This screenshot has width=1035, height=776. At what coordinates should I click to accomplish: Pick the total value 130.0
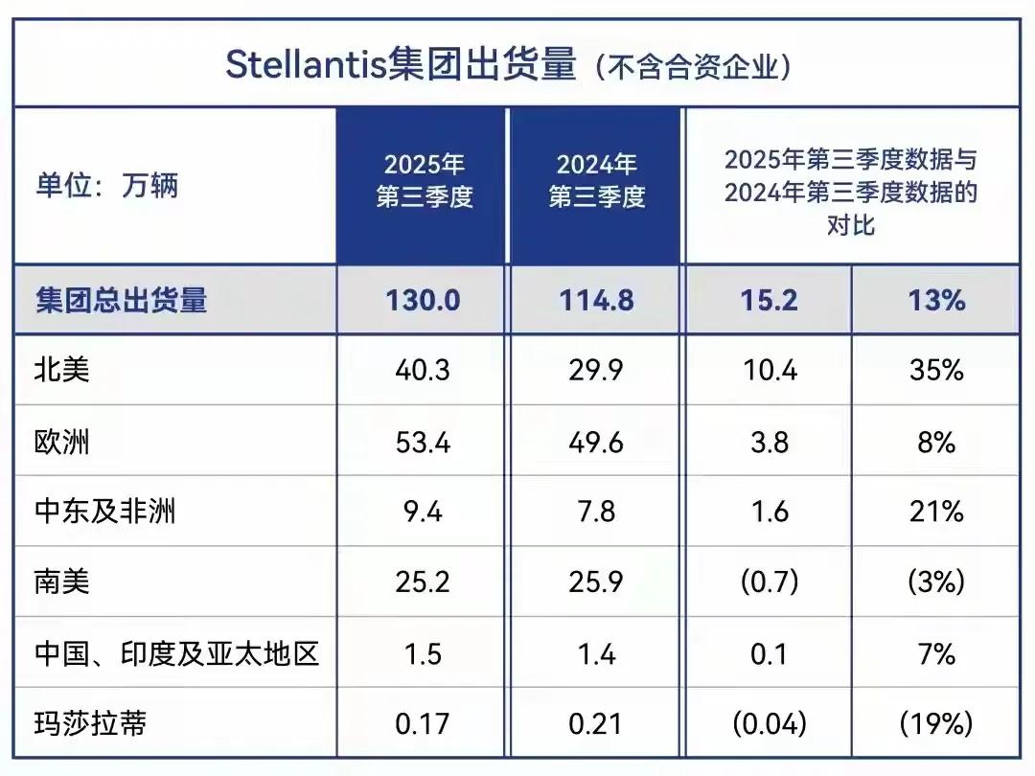tap(423, 301)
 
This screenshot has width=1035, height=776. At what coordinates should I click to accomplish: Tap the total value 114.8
tap(596, 301)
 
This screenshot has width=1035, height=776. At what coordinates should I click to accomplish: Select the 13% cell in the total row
tap(935, 301)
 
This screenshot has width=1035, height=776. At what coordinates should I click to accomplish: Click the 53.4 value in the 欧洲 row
tap(423, 442)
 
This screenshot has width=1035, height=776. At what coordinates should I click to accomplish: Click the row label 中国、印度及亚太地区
tap(177, 653)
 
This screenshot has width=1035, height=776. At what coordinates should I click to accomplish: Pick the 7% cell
tap(935, 653)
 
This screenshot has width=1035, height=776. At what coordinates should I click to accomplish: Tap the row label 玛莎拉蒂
tap(91, 723)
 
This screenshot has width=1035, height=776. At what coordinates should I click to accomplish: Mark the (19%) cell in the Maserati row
tap(935, 723)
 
